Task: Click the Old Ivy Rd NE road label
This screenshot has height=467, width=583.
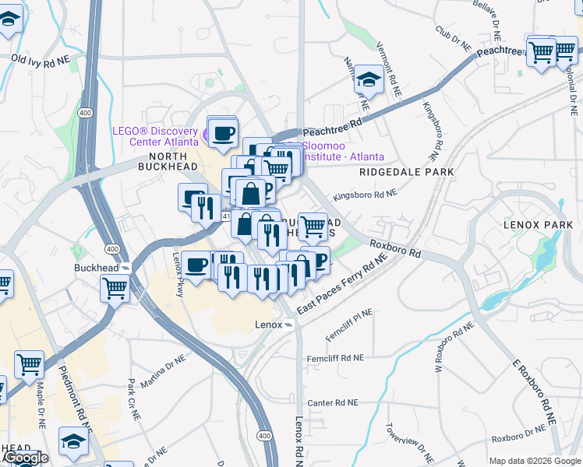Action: [41, 59]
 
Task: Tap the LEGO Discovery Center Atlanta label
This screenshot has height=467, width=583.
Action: [156, 136]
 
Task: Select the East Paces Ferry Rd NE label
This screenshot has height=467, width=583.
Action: [341, 288]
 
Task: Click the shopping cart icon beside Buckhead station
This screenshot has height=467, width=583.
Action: [115, 287]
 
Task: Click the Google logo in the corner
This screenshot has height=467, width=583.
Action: [25, 458]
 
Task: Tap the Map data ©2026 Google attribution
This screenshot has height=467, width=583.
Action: [535, 461]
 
